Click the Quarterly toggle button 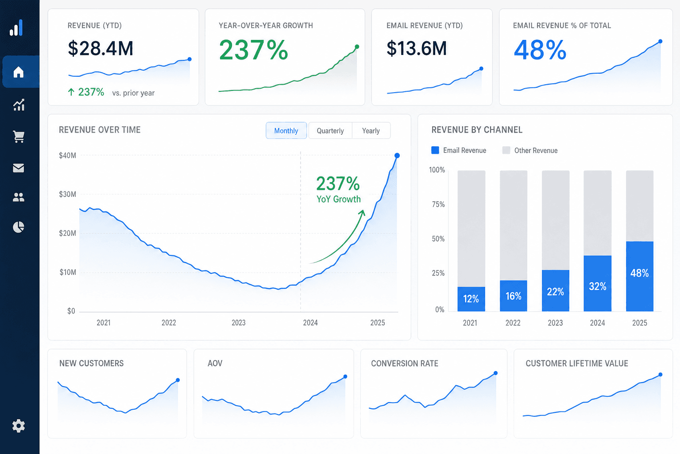pos(330,131)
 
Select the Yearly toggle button pos(371,131)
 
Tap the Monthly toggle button pos(286,131)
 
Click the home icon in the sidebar pos(19,72)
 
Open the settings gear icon pos(19,426)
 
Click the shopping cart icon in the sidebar pos(19,137)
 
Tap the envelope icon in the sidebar pos(19,168)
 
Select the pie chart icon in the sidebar pos(19,227)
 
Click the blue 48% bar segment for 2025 pos(640,276)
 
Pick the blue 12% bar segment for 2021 pos(471,299)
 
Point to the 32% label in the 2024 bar pos(597,286)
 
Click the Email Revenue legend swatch pos(435,150)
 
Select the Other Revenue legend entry pos(530,150)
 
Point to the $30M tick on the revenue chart pos(67,194)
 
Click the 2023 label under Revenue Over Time pos(239,323)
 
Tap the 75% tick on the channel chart pos(438,204)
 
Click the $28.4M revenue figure pos(100,48)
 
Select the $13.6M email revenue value pos(417,48)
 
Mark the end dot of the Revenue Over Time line pos(397,156)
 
